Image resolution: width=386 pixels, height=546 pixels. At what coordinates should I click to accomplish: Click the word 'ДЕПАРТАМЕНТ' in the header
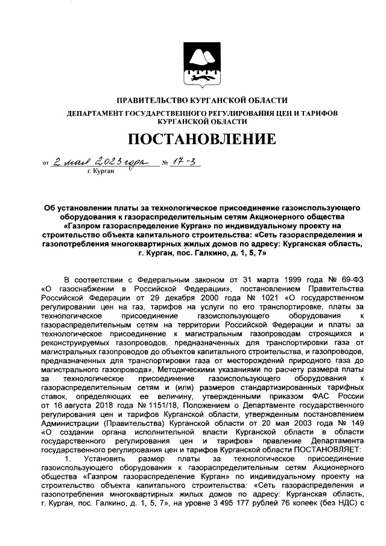coord(96,113)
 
